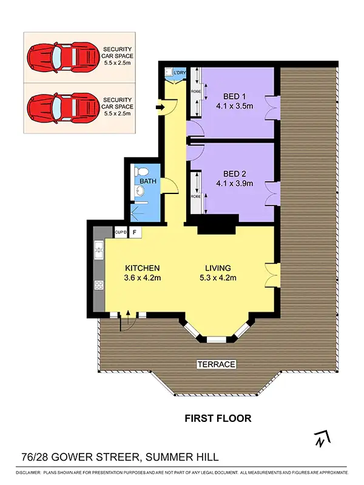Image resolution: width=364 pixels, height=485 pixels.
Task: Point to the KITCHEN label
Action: tap(142, 268)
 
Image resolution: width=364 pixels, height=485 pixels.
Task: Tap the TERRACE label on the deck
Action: tap(215, 364)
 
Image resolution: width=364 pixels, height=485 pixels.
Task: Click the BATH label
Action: tap(148, 181)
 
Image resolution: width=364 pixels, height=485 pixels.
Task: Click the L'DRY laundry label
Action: tap(179, 73)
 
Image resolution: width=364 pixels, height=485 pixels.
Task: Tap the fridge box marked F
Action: tap(134, 232)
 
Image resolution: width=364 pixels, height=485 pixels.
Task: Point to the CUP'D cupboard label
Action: tap(120, 232)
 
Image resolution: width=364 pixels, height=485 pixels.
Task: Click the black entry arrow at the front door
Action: tap(160, 108)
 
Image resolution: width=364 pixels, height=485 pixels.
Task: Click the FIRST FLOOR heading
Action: tap(217, 418)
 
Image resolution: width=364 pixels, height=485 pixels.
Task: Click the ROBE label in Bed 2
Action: tap(196, 196)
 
